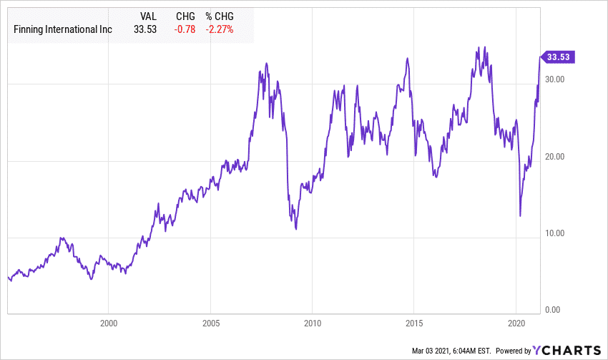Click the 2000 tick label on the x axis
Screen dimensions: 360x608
[x=109, y=323]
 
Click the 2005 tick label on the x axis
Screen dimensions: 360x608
[x=211, y=323]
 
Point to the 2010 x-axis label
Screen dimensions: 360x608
[x=313, y=323]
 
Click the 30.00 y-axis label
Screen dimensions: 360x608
[x=555, y=79]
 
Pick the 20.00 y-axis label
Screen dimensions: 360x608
[x=555, y=156]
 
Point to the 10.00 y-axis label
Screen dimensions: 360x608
[x=555, y=233]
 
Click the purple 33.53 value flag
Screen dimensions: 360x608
[x=558, y=57]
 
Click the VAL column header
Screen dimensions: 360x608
[x=147, y=16]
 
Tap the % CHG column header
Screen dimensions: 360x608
[x=220, y=16]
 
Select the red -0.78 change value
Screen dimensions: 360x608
[x=184, y=29]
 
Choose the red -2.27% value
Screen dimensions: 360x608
[x=220, y=29]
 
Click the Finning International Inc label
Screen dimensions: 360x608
[x=62, y=29]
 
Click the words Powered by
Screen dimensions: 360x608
[x=512, y=351]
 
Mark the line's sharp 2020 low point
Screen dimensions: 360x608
[x=520, y=215]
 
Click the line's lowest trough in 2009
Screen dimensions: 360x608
[x=295, y=229]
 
